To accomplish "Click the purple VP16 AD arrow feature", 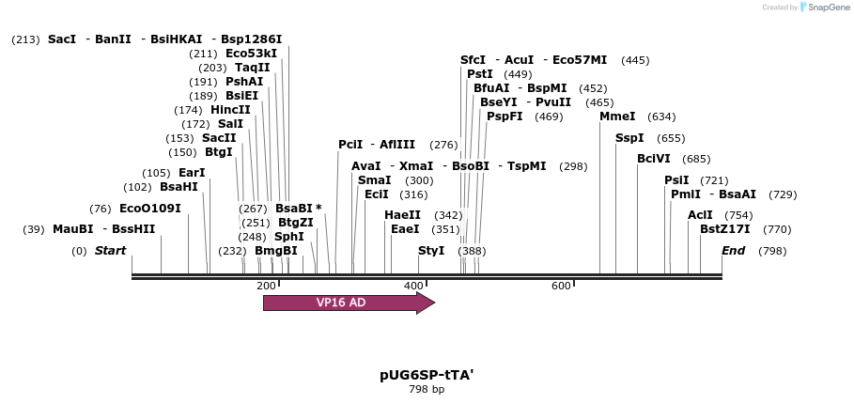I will (x=348, y=303).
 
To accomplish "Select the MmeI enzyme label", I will (x=617, y=117).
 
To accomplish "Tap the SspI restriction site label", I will (x=629, y=138).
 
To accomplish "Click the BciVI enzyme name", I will (x=654, y=159).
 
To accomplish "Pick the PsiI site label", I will (x=676, y=180).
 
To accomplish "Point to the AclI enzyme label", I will (x=700, y=215).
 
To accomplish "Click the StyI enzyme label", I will (x=431, y=251).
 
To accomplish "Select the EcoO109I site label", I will (x=150, y=209).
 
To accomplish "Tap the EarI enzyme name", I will (x=192, y=173).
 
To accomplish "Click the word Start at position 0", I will (x=110, y=251).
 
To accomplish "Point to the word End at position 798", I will (x=733, y=251).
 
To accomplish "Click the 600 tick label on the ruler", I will (x=561, y=286).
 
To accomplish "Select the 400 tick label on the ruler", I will (x=413, y=286).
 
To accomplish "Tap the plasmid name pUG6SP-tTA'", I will (x=427, y=374).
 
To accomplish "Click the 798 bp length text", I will (x=427, y=389).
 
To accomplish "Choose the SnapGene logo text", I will (x=823, y=8).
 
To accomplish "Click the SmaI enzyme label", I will (x=375, y=180).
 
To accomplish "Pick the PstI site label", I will (x=480, y=74).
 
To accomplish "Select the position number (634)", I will (x=661, y=117).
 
